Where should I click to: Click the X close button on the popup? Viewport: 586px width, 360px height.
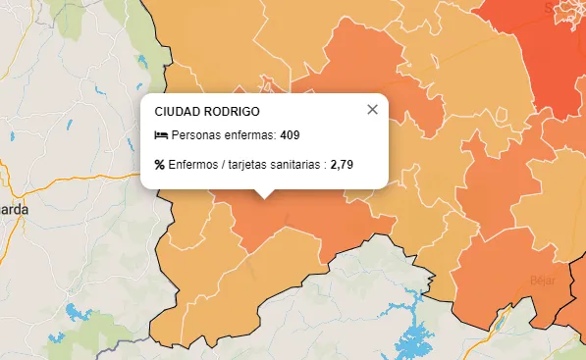pos(372,109)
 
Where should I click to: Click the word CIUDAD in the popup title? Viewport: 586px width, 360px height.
pos(178,112)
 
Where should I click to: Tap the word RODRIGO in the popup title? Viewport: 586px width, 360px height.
pos(233,112)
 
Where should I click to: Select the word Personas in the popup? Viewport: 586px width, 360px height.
pos(194,135)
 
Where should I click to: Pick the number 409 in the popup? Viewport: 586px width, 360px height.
pos(290,135)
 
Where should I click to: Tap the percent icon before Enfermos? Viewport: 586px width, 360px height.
pos(160,164)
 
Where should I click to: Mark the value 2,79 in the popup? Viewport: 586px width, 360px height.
pos(342,164)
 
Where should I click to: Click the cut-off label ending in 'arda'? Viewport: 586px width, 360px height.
pos(14,210)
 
